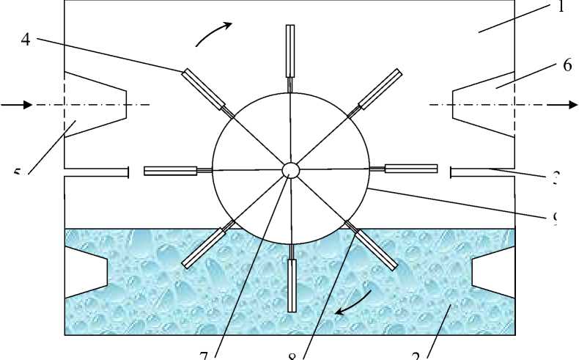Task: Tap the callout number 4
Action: tap(26, 41)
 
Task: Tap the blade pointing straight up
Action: tap(290, 51)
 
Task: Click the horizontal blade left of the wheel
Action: tap(170, 171)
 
